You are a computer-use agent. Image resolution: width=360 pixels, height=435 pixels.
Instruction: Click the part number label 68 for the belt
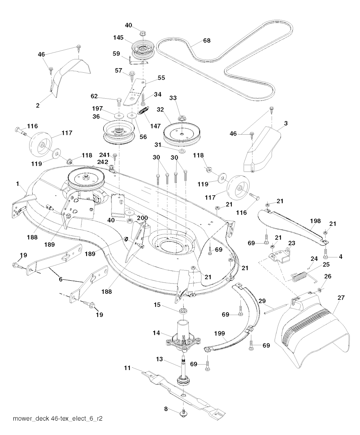click(x=207, y=41)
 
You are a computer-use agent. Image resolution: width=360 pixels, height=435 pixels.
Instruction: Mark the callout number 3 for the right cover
click(x=285, y=123)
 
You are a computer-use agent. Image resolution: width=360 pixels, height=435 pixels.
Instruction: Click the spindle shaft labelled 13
click(x=184, y=369)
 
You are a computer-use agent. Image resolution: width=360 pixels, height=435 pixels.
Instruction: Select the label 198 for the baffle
click(x=315, y=221)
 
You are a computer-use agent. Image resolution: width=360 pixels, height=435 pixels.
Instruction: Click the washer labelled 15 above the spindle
click(x=183, y=311)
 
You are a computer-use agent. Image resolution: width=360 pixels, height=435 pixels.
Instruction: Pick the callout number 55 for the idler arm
click(x=161, y=77)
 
